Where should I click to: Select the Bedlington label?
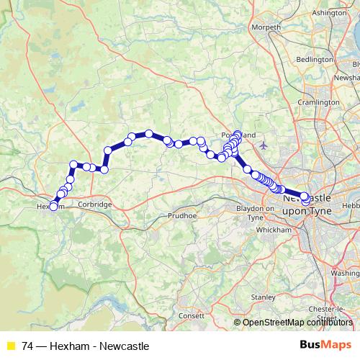315,59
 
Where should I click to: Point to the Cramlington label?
318,103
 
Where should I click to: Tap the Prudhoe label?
181,215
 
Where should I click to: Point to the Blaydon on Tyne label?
260,213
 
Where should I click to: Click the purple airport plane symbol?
264,145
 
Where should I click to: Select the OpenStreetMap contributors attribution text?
297,323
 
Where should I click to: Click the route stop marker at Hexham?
53,207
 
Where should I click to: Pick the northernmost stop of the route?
237,134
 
